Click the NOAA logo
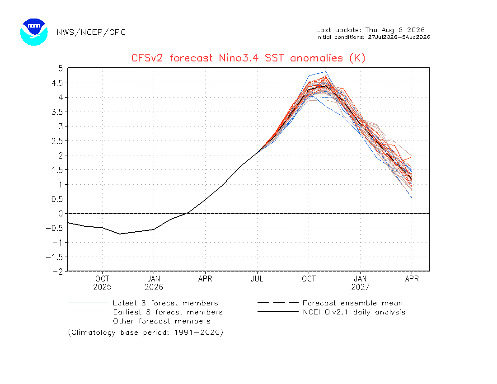point(34,32)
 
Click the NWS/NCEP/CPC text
point(91,33)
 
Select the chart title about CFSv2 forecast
point(248,58)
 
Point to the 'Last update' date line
point(370,30)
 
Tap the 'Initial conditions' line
point(373,37)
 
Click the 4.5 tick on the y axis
point(57,83)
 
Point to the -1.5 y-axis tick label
point(55,257)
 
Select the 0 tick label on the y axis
point(61,214)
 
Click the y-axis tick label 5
point(61,68)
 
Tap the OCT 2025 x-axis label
point(102,283)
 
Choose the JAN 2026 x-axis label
point(154,283)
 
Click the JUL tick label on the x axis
point(257,279)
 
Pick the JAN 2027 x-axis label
point(360,283)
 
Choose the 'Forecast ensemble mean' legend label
point(352,303)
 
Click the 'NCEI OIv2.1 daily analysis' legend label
point(354,313)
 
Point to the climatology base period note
point(145,332)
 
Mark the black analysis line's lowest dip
point(119,234)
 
